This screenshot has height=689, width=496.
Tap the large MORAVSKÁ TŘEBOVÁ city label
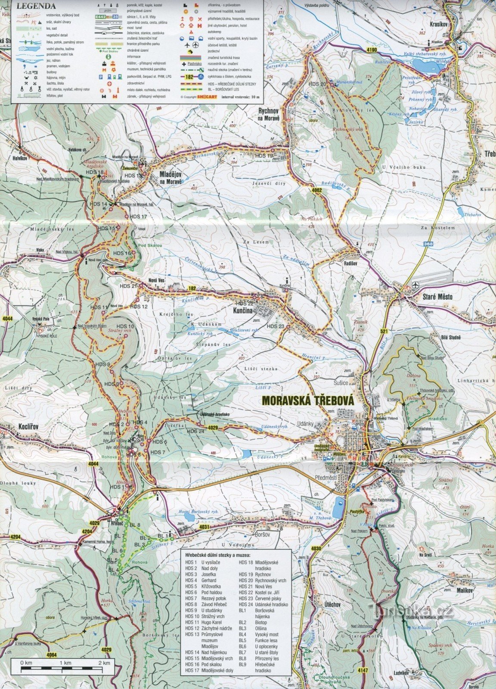tap(307, 400)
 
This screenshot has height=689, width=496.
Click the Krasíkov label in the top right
tap(439, 25)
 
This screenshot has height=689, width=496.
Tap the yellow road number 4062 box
tap(317, 189)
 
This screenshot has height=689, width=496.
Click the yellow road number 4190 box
tap(372, 50)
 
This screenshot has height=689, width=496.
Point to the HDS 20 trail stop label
tap(317, 84)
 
